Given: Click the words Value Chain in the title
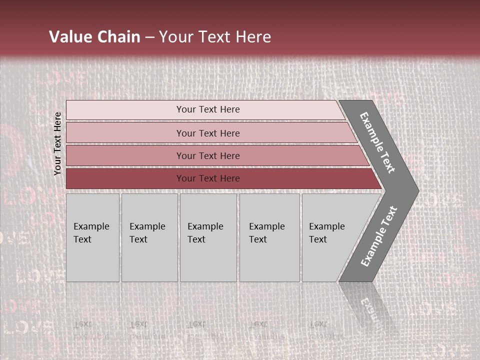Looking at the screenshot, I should pos(94,37).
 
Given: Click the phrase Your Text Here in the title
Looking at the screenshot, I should pos(215,37).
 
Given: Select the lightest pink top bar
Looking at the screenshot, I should pos(125,110).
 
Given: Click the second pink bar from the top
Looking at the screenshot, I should pos(125,133).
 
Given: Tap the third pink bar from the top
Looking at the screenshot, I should pos(125,155).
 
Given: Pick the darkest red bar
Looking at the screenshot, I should pos(125,178).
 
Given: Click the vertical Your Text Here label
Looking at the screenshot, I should pos(58,144).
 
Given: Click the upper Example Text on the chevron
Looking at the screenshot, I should pos(377,142).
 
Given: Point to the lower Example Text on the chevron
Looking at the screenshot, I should pos(378,236).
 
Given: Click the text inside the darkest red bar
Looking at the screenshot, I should pos(208,178).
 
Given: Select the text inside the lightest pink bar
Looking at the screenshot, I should pos(208,109).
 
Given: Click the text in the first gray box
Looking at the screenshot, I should pos(91,232).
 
